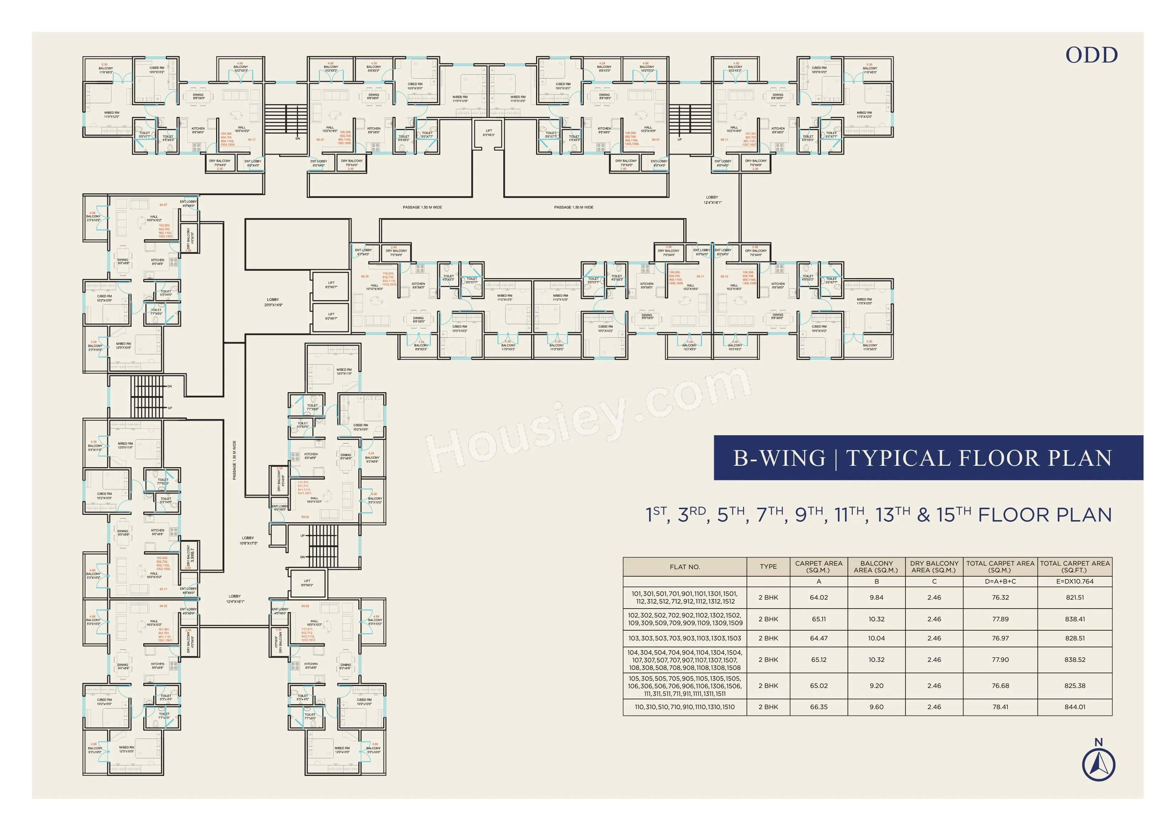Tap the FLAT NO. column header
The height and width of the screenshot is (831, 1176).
(684, 567)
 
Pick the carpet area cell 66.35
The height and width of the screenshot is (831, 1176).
(818, 707)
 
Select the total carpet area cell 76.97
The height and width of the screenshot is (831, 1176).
(1000, 638)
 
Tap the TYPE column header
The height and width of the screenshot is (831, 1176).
(768, 567)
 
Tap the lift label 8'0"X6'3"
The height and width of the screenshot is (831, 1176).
(307, 583)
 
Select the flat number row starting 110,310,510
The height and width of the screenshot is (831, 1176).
(684, 707)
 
